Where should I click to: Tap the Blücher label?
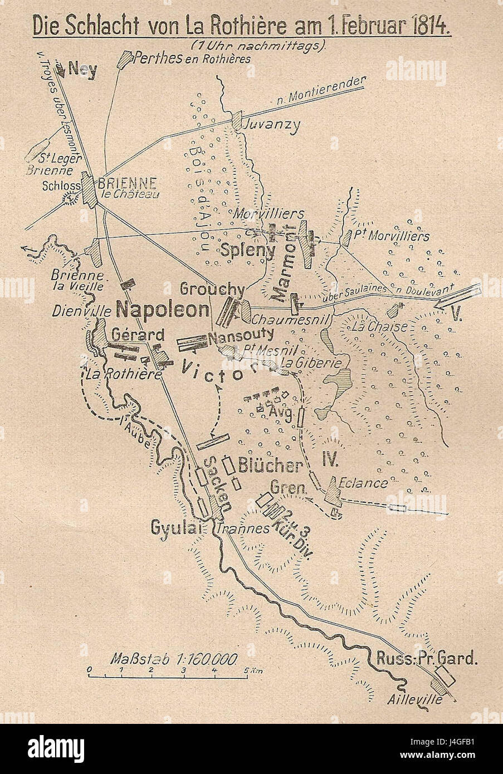270,465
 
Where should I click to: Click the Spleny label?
248,251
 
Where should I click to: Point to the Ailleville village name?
416,700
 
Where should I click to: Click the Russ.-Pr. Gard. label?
427,659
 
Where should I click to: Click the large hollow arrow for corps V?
458,296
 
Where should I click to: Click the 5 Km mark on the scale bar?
246,669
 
